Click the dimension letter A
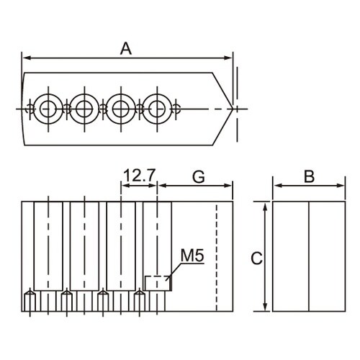click(x=126, y=48)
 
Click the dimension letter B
click(x=309, y=176)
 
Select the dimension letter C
click(x=256, y=258)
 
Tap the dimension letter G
click(x=199, y=177)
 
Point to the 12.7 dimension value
click(x=139, y=176)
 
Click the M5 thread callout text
click(x=192, y=256)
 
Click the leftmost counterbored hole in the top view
click(x=48, y=109)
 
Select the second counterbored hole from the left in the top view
click(x=84, y=109)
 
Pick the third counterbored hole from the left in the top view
click(x=121, y=109)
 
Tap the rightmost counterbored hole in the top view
click(x=157, y=109)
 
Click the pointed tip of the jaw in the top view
click(x=233, y=109)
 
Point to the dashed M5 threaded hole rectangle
click(x=157, y=283)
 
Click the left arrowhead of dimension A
click(x=27, y=58)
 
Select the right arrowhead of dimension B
click(x=341, y=186)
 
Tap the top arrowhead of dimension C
click(x=265, y=207)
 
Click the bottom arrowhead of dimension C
click(x=265, y=306)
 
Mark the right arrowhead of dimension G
click(x=228, y=186)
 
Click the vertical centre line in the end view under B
click(x=309, y=256)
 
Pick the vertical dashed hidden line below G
click(x=217, y=257)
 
